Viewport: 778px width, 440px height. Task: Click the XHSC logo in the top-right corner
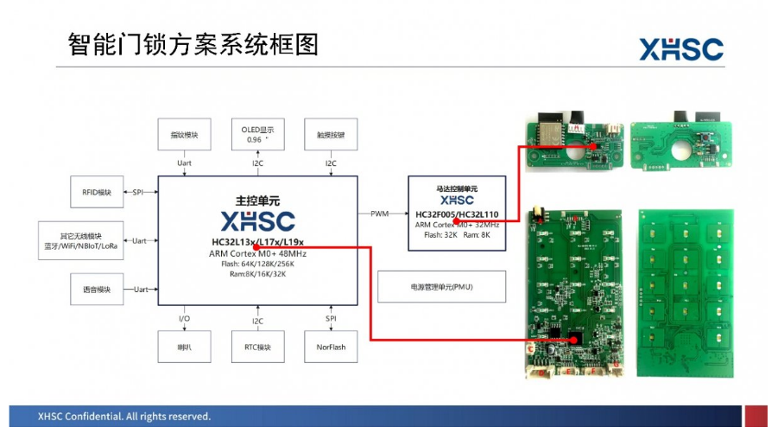[x=680, y=49]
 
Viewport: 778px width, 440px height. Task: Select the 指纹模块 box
[x=184, y=135]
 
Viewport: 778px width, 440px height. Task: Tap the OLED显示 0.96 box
[x=257, y=135]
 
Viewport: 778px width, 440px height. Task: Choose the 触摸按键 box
[x=331, y=135]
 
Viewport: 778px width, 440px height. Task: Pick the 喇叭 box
[x=184, y=347]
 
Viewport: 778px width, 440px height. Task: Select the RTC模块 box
[x=257, y=347]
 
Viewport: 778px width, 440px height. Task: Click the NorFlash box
[x=331, y=347]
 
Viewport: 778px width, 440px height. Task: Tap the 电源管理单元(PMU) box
[x=441, y=286]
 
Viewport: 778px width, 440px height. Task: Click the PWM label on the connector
[x=380, y=213]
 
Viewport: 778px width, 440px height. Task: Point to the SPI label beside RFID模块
[x=138, y=192]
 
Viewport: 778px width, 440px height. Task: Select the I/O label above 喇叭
[x=184, y=320]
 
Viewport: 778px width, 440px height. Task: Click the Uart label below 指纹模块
[x=184, y=163]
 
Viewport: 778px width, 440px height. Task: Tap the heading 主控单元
[x=257, y=200]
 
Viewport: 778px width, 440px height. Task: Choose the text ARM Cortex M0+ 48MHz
[x=257, y=253]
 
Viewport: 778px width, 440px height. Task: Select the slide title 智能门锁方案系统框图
[x=180, y=46]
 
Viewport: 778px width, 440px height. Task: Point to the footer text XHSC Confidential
[x=123, y=417]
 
